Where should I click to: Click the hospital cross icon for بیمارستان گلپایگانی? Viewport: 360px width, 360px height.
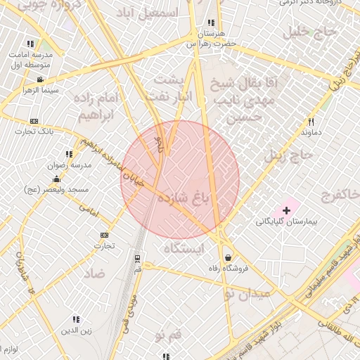[x=286, y=210]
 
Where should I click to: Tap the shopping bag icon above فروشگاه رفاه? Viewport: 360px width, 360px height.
[x=227, y=257]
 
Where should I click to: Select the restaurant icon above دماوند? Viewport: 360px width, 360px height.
[x=311, y=122]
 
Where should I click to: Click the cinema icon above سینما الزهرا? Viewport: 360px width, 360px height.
[x=41, y=79]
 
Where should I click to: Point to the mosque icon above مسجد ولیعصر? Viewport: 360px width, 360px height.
[x=56, y=179]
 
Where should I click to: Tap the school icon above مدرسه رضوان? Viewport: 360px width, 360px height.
[x=69, y=154]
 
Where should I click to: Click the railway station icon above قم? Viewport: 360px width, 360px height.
[x=137, y=259]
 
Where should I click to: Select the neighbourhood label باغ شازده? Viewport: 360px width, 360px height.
[x=184, y=198]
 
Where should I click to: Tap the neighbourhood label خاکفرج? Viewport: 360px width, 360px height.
[x=340, y=193]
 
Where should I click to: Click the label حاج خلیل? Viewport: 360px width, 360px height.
[x=306, y=32]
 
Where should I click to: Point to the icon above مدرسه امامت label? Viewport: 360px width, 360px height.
[x=30, y=44]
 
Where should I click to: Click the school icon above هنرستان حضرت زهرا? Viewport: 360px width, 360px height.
[x=212, y=22]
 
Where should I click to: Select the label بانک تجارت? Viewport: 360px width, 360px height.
[x=34, y=131]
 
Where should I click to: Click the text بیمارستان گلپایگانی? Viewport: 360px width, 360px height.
[x=285, y=221]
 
